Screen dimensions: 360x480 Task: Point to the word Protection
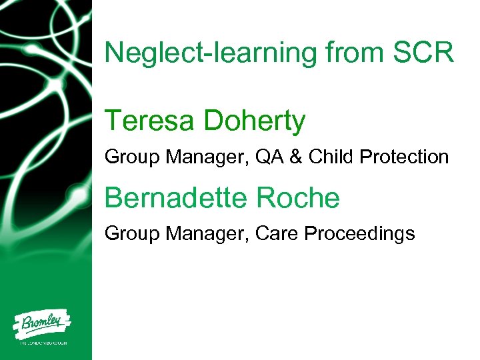pos(404,157)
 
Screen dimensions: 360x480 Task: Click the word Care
pos(285,233)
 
